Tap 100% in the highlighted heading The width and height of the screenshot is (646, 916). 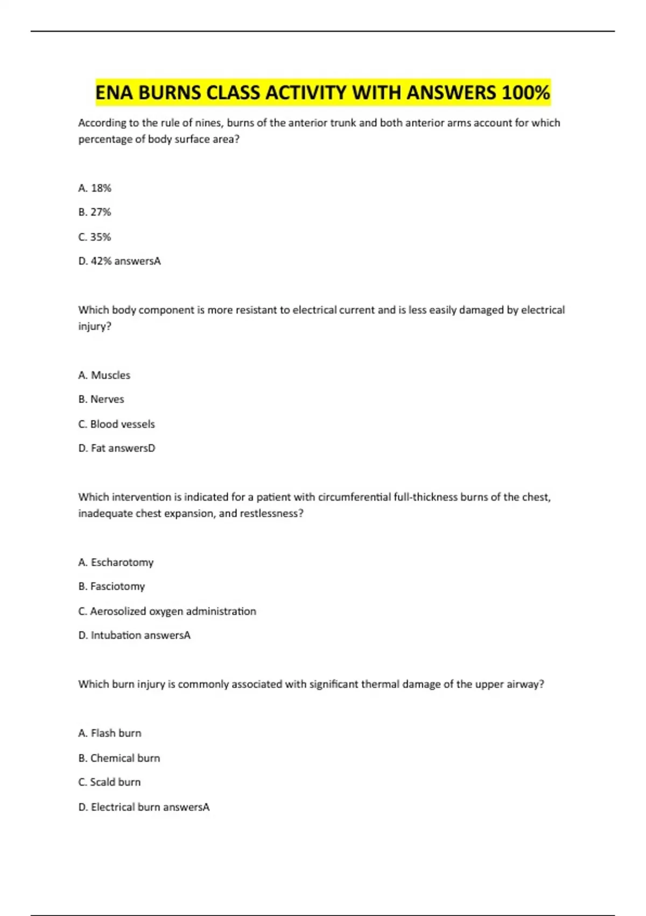(525, 93)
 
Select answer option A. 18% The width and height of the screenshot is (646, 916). (95, 188)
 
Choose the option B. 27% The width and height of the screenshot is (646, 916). (95, 212)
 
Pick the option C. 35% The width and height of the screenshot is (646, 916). (95, 237)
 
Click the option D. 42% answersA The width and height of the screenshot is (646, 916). (120, 261)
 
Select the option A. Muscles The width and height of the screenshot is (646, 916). (104, 375)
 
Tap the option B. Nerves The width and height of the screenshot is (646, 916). (101, 399)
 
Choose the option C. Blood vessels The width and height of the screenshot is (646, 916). (116, 424)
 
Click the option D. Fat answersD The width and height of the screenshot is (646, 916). (117, 448)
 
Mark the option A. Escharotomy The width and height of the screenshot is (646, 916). (116, 563)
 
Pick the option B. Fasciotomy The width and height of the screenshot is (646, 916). (111, 586)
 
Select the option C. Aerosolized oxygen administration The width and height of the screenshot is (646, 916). (167, 612)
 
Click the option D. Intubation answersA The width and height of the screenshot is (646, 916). (135, 635)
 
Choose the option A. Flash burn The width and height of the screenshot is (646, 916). (110, 733)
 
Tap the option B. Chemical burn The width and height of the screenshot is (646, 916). (119, 758)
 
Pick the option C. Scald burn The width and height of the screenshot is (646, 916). (109, 782)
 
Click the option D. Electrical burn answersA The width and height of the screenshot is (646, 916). (144, 807)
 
